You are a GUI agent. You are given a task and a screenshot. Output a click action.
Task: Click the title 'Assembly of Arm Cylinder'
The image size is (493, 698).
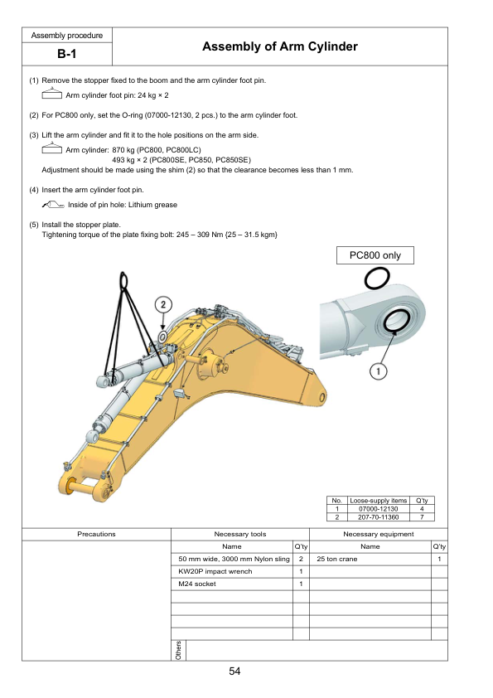pos(280,46)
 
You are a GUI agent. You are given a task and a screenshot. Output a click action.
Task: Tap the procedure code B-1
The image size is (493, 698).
pos(67,54)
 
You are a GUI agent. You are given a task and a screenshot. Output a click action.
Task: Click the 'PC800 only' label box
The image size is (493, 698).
pos(375,255)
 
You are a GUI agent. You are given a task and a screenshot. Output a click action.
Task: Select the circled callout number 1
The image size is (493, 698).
pos(378,371)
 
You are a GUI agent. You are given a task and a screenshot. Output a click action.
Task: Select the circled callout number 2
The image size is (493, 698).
pos(163,304)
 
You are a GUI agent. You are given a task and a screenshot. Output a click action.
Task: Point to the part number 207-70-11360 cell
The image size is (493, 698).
pos(378,517)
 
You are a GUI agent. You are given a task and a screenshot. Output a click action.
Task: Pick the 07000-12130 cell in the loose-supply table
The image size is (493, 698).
pos(378,509)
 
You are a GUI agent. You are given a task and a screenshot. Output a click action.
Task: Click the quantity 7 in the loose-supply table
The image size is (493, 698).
pos(422,517)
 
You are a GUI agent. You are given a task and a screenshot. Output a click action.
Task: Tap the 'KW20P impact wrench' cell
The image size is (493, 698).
pos(215,571)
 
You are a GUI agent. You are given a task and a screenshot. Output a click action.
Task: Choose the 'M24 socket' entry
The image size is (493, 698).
pos(197,584)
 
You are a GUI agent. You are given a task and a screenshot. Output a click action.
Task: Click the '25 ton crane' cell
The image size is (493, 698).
pos(337,559)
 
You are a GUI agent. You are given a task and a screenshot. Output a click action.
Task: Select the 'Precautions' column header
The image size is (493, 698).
pos(97,534)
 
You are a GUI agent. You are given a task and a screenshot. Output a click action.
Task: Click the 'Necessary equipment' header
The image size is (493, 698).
pos(379,534)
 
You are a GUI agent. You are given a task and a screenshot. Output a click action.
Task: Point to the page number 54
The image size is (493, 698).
pos(235,671)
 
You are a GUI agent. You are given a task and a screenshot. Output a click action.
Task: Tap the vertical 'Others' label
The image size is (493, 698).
pos(178,651)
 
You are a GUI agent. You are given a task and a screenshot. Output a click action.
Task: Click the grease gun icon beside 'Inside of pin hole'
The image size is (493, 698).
pos(53,205)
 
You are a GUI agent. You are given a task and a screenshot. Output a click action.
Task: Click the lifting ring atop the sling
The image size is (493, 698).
pos(123,280)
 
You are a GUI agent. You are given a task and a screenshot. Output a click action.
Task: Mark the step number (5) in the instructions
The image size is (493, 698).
pos(35,225)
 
